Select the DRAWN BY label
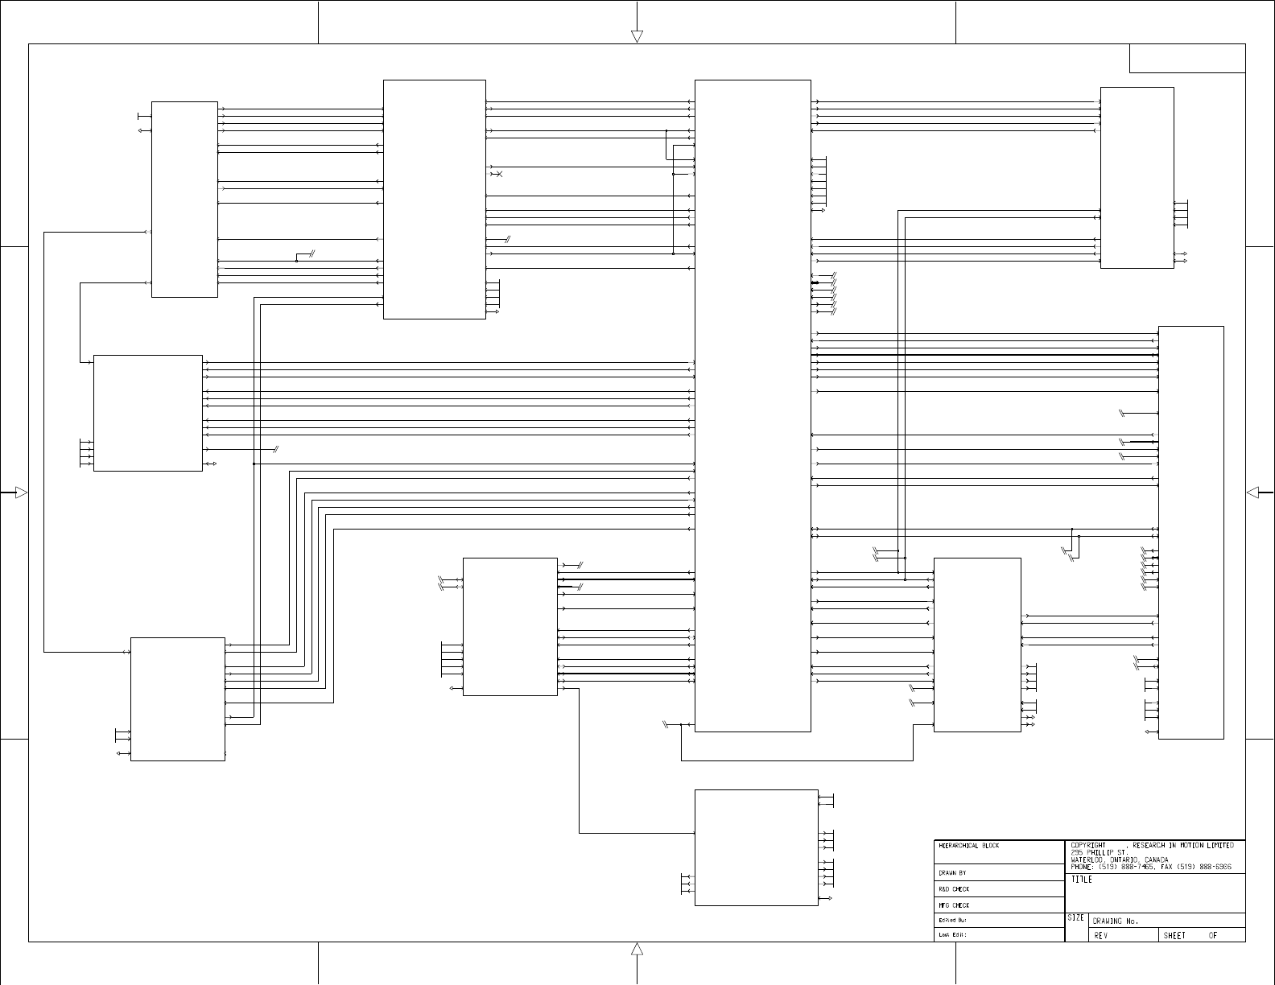(952, 873)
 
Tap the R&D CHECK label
(954, 889)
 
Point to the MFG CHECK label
(954, 905)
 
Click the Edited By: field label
(952, 920)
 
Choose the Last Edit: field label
(952, 935)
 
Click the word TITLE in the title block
(1082, 880)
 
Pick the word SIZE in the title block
(1075, 918)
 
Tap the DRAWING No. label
(1116, 921)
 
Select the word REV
(1100, 936)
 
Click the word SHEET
(1174, 936)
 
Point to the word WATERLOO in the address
(1087, 859)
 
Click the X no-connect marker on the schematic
(499, 175)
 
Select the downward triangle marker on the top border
(637, 36)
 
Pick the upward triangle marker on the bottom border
(637, 949)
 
